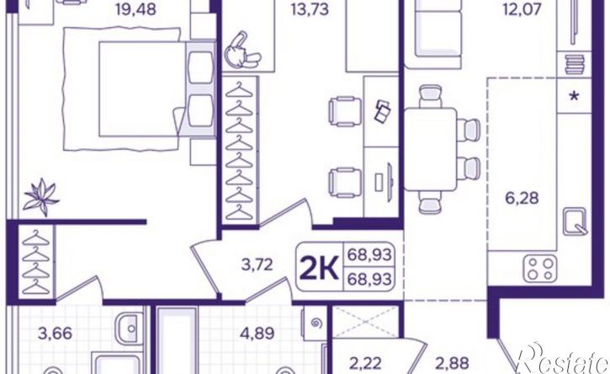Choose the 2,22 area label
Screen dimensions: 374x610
[x=363, y=364]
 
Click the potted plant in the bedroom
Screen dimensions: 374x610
[x=39, y=197]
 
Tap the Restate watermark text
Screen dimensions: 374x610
[x=561, y=362]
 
